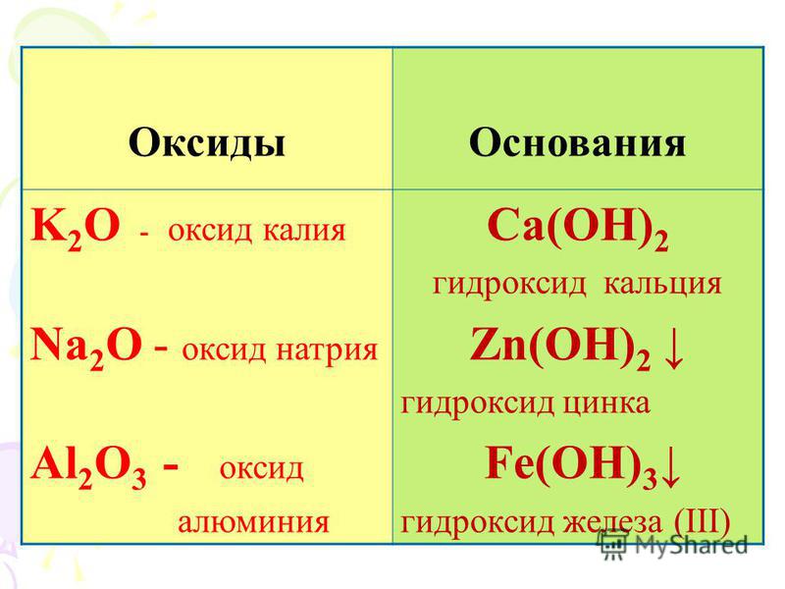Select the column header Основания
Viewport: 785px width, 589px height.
tap(577, 143)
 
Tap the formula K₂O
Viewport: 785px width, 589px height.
tap(76, 228)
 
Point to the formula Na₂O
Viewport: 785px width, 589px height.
tap(86, 348)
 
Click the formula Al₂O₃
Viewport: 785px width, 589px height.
tap(88, 467)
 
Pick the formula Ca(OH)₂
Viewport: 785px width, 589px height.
tap(578, 228)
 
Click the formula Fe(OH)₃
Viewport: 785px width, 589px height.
tap(571, 465)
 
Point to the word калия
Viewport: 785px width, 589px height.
tap(304, 232)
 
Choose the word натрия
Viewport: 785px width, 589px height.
tap(327, 350)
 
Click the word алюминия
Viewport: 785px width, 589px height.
tap(253, 522)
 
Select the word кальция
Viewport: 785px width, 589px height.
tap(662, 284)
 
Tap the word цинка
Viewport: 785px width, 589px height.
tap(606, 403)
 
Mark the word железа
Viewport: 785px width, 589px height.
tap(612, 522)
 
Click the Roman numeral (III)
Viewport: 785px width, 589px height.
tap(702, 521)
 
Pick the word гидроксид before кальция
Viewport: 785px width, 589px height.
tap(509, 285)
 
